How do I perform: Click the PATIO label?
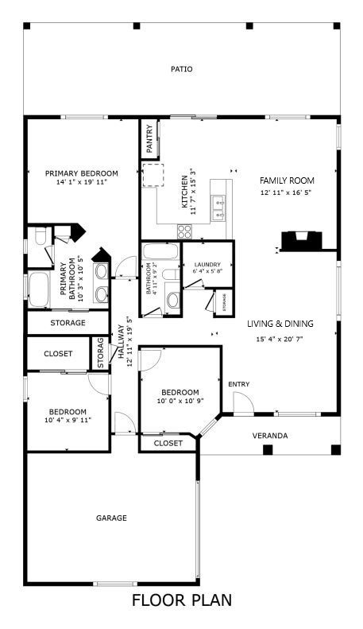coord(182,69)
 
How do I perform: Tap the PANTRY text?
coord(149,139)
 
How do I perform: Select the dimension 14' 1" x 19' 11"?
coord(81,182)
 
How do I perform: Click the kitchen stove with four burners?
coord(184,231)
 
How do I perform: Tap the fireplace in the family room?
coord(302,239)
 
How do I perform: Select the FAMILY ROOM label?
coord(287,181)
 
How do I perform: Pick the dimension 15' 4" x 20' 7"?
coord(280,340)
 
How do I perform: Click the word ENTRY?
coord(238,385)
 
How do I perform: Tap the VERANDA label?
coord(270,436)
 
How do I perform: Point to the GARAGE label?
coord(111,518)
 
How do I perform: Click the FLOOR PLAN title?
coord(182,600)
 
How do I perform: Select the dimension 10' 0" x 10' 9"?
coord(180,402)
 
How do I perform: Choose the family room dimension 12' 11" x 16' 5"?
coord(287,192)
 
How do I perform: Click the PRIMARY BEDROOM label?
coord(81,173)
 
